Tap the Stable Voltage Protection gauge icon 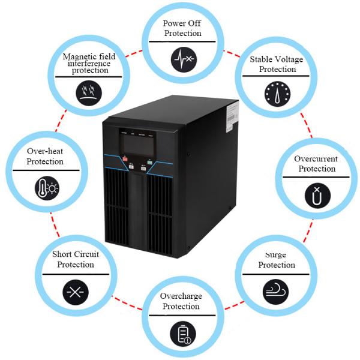276,94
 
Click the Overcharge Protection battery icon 182,333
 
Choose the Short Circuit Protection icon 76,292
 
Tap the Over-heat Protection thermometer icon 47,187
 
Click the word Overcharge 181,296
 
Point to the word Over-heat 46,152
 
